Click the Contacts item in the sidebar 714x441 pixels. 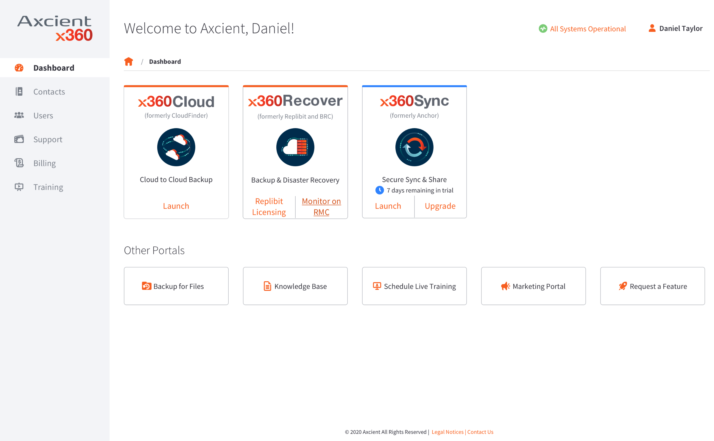[49, 91]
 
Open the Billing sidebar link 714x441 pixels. [44, 163]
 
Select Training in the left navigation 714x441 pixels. [48, 187]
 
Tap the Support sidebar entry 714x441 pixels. [48, 139]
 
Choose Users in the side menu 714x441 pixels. [43, 115]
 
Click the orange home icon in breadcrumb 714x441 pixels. [129, 61]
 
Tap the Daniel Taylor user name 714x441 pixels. [681, 28]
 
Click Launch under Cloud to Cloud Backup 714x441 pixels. [176, 206]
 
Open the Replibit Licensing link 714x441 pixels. [269, 206]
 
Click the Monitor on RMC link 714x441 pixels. [321, 206]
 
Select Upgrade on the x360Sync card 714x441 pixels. [440, 206]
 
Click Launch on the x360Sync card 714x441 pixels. [388, 206]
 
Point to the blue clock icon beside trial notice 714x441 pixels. [380, 190]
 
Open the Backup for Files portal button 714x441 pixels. [176, 286]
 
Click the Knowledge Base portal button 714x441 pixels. [295, 286]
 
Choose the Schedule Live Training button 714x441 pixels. [414, 286]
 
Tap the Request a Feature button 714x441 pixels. [653, 286]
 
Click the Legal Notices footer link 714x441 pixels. [448, 432]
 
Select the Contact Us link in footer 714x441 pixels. [480, 432]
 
